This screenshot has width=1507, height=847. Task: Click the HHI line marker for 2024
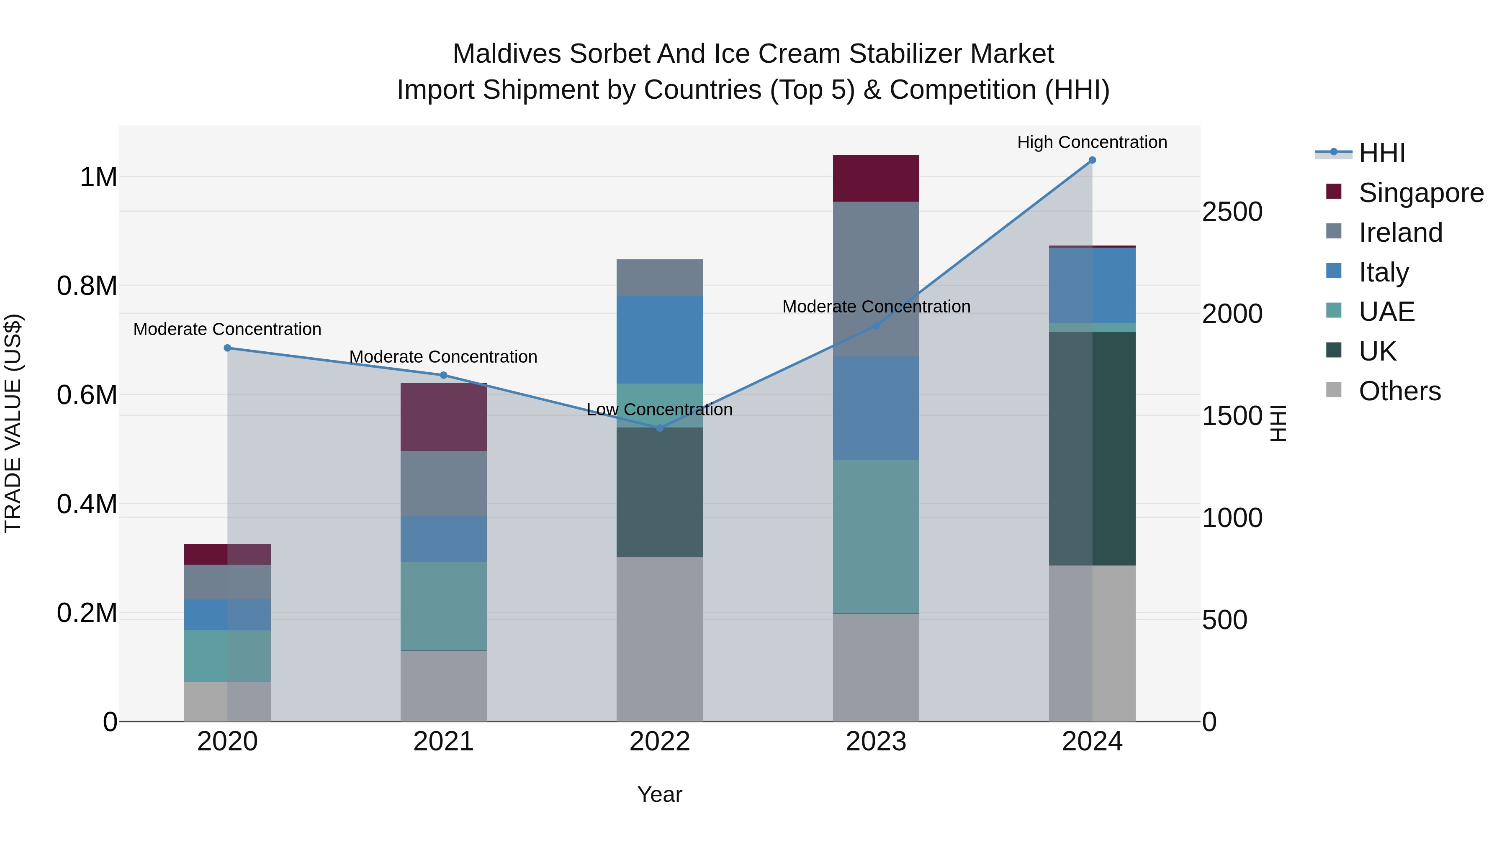pos(1092,160)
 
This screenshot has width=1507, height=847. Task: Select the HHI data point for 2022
pos(660,428)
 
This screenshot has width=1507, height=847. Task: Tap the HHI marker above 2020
pos(228,348)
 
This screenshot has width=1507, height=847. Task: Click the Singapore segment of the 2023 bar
pos(876,178)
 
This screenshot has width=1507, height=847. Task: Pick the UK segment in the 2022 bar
pos(660,492)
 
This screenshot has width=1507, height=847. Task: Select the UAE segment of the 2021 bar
pos(443,606)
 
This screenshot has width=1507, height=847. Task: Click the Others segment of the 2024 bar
pos(1092,643)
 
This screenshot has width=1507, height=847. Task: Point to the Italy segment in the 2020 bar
pos(228,615)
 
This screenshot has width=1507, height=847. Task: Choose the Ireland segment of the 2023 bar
pos(876,279)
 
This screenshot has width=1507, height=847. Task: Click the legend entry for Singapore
pos(1420,193)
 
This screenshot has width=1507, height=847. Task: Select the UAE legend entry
pos(1386,312)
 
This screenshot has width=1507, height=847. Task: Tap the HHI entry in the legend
pos(1381,153)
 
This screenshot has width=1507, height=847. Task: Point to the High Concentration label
pos(1092,142)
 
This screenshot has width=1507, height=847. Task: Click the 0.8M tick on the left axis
pos(87,286)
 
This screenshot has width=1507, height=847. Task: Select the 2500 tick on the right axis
pos(1232,212)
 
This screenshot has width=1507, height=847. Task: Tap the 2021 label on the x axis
pos(443,742)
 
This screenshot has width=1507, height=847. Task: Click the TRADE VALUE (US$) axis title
pos(13,423)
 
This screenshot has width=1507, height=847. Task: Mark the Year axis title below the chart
pos(659,794)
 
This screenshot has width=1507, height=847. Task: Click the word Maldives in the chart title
pos(507,54)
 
